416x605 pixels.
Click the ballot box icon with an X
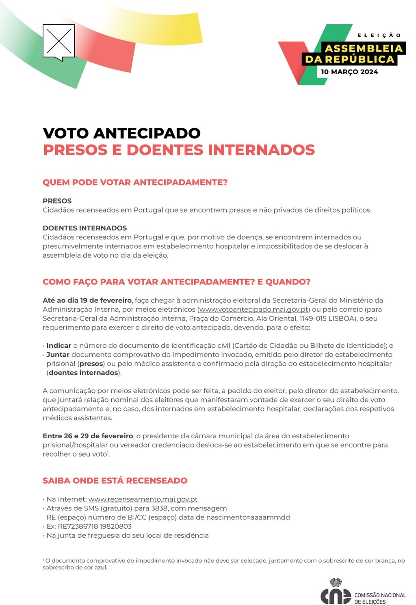pos(58,41)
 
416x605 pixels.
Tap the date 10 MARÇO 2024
pos(349,72)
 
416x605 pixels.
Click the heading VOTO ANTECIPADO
pos(121,133)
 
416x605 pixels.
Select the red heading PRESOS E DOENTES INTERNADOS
pos(179,150)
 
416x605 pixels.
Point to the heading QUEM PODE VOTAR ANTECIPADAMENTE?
pos(135,183)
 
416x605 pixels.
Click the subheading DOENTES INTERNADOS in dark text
pos(85,228)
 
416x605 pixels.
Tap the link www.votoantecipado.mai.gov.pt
pos(253,310)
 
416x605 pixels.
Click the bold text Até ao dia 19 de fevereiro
pos(87,300)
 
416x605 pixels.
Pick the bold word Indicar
pos(59,346)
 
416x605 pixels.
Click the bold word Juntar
pos(58,355)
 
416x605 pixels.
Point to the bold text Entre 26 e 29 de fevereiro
pos(88,436)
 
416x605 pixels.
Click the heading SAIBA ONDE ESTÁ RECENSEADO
pos(115,481)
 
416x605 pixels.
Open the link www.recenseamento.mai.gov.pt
pos(143,500)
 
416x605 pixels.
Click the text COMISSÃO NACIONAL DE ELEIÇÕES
pos(380,598)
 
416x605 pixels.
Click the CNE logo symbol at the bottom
pos(336,593)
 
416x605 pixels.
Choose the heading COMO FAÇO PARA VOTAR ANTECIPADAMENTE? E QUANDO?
pos(177,282)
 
